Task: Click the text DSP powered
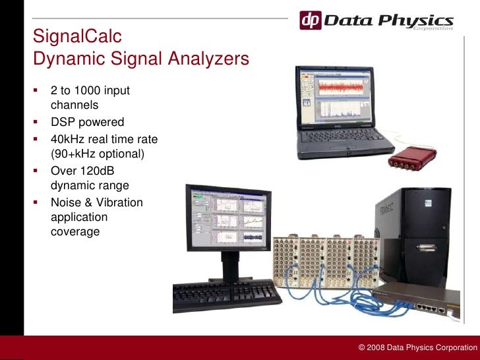click(x=87, y=122)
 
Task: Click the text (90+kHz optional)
click(x=97, y=154)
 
